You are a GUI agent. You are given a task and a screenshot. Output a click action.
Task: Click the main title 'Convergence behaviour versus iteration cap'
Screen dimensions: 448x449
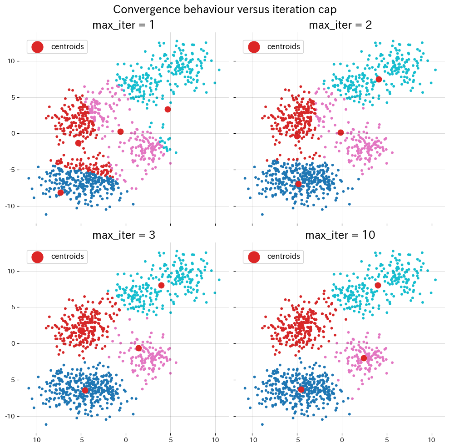click(225, 10)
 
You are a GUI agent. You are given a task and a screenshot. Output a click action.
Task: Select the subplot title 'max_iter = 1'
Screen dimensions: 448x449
click(123, 25)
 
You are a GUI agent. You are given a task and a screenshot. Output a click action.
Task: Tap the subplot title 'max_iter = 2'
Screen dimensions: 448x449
click(340, 25)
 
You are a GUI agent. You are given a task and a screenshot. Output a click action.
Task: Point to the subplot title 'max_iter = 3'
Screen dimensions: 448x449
click(123, 235)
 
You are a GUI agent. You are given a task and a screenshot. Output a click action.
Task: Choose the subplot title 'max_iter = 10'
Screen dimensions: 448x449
click(340, 235)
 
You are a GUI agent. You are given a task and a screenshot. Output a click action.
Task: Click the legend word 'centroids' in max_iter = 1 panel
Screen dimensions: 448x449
click(67, 46)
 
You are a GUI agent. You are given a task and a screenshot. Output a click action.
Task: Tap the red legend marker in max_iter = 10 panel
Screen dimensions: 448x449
click(254, 257)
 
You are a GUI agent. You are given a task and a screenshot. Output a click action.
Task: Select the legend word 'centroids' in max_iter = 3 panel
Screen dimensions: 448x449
click(67, 257)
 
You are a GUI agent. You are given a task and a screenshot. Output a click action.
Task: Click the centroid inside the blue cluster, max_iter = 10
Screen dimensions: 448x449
click(301, 389)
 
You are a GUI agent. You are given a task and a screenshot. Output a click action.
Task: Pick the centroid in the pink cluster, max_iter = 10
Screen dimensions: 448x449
click(364, 358)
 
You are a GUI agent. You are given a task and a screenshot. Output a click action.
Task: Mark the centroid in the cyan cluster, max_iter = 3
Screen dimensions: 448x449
click(161, 285)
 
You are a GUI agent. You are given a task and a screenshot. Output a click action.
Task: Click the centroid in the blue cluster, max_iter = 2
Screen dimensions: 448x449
click(298, 184)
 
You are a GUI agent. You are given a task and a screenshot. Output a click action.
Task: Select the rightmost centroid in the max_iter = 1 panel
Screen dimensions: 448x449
click(168, 109)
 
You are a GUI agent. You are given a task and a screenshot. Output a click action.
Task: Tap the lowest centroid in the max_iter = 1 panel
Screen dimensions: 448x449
click(60, 193)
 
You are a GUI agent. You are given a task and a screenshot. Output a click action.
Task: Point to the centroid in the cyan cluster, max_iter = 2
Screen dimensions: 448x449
click(379, 79)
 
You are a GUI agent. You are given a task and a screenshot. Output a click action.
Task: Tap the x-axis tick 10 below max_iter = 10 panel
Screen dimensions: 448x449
click(432, 440)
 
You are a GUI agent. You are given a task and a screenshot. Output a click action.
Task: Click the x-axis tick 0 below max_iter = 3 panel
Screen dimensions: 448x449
click(126, 440)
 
